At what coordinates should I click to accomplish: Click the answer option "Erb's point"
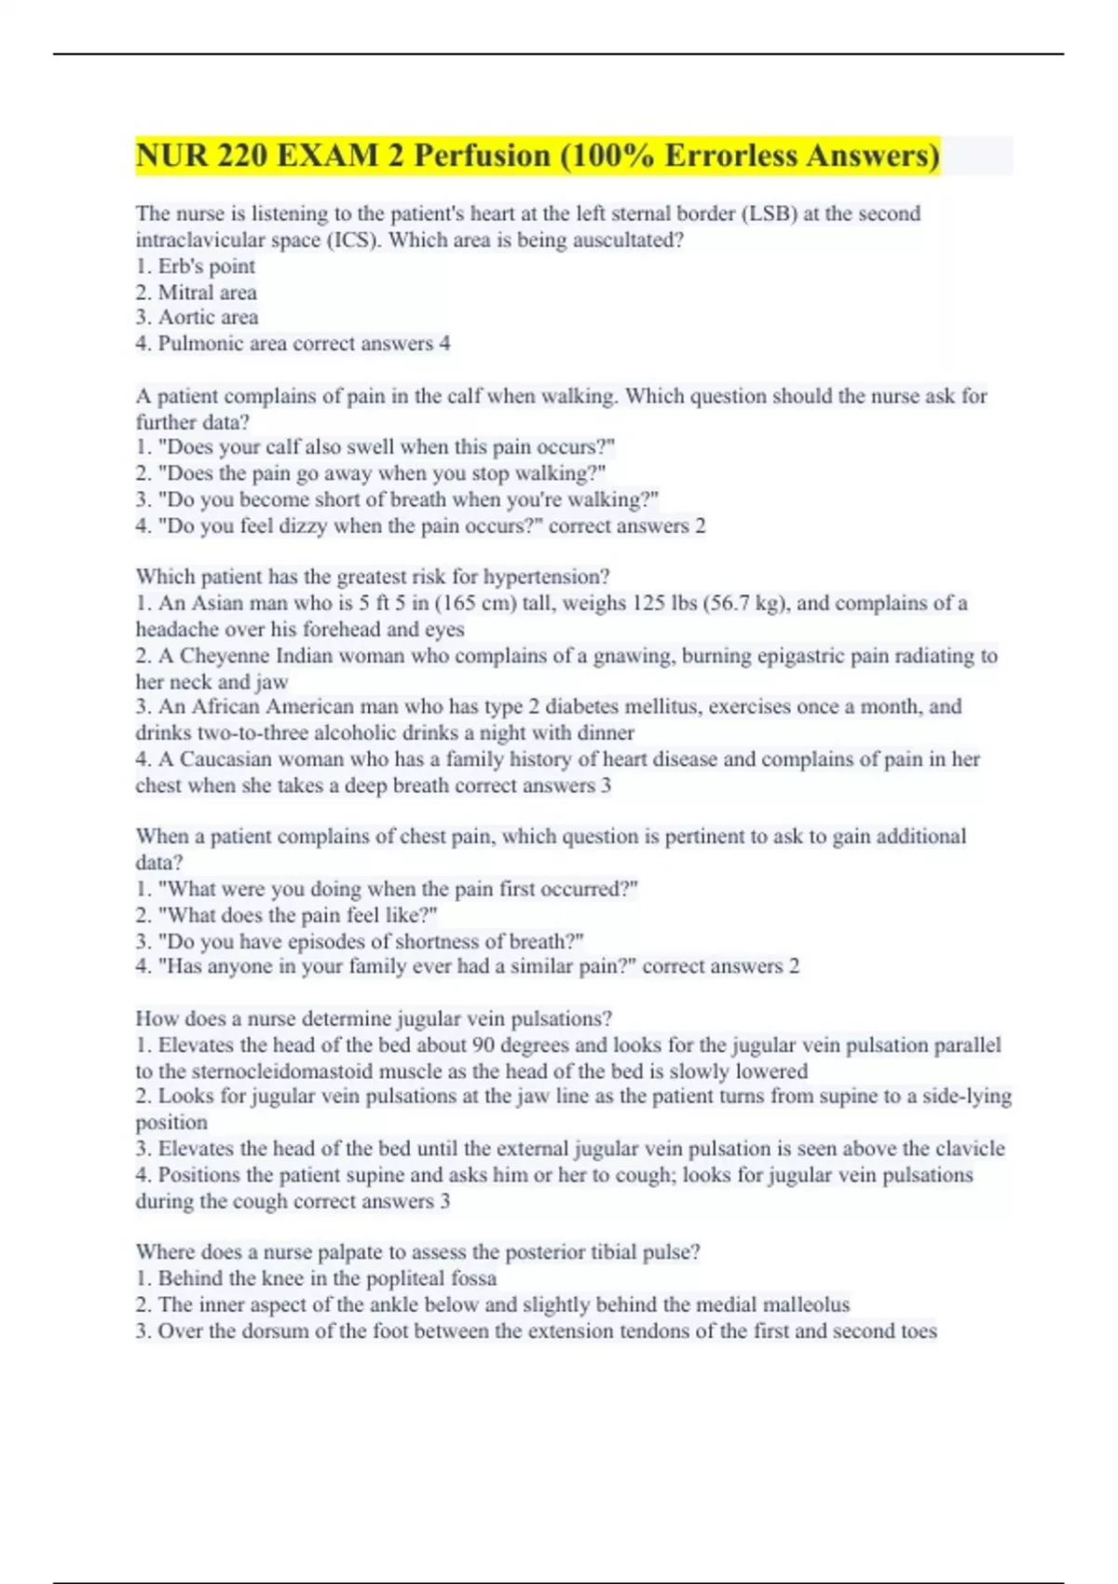(206, 266)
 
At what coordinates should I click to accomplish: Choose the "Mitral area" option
(207, 293)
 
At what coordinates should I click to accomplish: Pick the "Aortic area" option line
(208, 318)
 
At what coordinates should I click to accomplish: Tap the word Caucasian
(224, 759)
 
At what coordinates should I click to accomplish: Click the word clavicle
(970, 1149)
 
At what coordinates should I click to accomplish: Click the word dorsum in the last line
(275, 1331)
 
